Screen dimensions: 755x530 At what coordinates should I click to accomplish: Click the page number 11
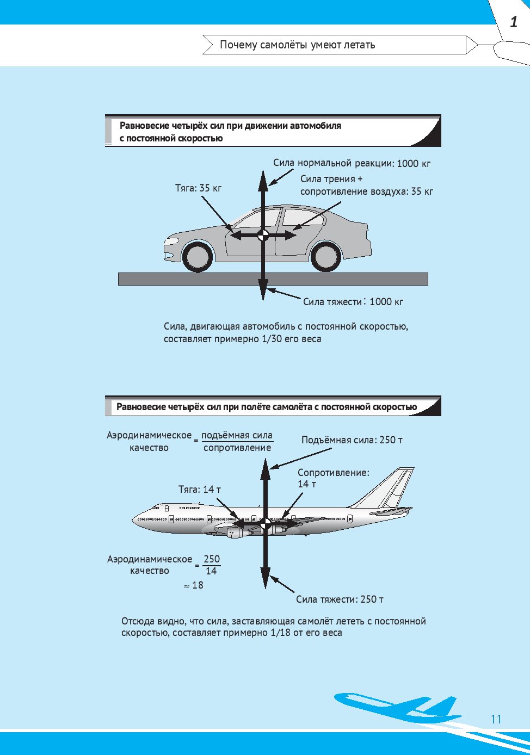coord(496,719)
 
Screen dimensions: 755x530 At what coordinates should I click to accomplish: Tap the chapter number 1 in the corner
coord(514,22)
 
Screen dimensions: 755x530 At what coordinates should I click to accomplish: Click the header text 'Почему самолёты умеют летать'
coord(297,45)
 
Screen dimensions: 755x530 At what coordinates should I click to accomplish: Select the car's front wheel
coord(198,256)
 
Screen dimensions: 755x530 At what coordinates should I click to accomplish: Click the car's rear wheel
coord(326,256)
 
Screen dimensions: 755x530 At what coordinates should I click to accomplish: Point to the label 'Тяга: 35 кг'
coord(198,188)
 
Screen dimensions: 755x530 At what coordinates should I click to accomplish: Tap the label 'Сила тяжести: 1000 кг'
coord(353,302)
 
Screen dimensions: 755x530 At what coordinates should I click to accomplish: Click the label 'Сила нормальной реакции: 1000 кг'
coord(352,163)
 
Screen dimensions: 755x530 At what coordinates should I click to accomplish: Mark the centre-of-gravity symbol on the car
coord(263,235)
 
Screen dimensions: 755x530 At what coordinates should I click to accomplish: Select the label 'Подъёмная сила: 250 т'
coord(352,440)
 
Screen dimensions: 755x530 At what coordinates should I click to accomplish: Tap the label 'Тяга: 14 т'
coord(200,490)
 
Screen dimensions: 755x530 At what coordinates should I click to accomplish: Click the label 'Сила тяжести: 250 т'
coord(340,599)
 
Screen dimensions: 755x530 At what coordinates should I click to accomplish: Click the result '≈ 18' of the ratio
coord(194,585)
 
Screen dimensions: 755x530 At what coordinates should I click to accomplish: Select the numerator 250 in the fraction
coord(212,559)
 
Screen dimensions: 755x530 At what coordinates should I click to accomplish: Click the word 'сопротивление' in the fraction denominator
coord(237,448)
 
